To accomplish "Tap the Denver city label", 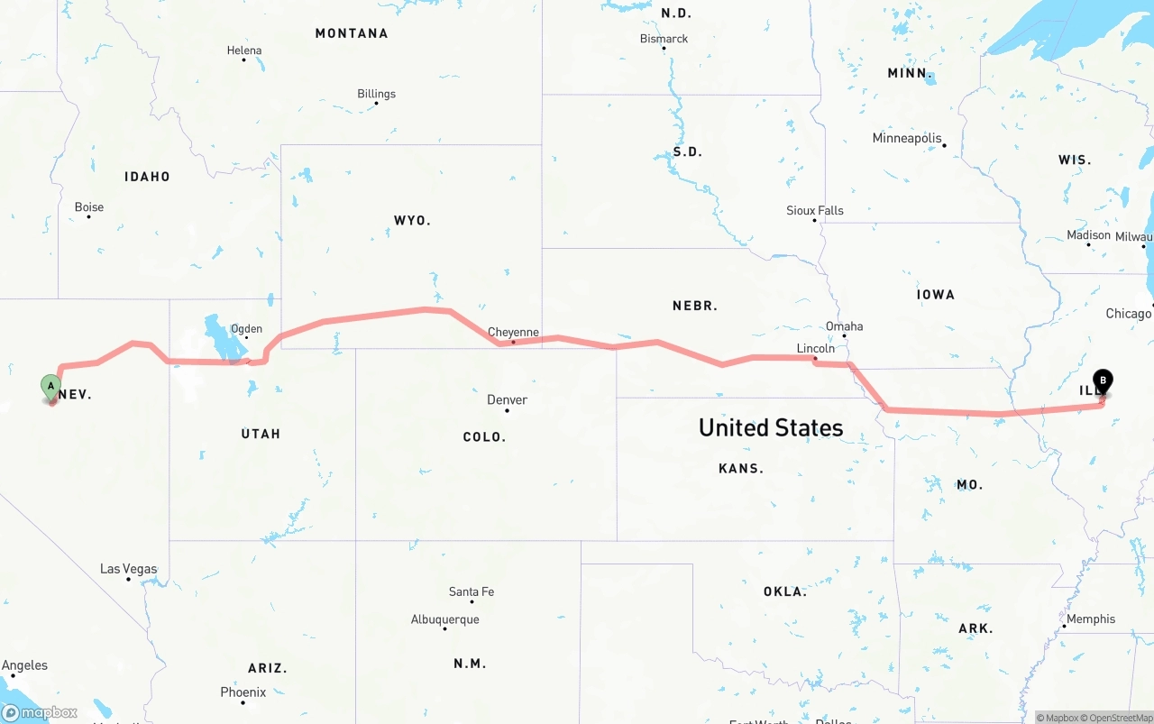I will coord(507,399).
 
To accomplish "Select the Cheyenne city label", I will coord(513,332).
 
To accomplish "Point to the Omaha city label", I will coord(844,326).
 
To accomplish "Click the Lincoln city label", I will coord(815,348).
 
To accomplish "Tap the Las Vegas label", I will coord(128,569).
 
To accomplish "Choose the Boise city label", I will coord(88,207).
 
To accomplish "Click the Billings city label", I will coord(376,94).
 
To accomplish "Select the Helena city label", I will coord(244,51).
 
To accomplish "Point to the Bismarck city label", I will coord(664,39).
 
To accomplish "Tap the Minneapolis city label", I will coord(907,138).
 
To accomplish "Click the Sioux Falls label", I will coord(815,211).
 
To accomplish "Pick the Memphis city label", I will coord(1091,619).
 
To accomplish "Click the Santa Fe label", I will coord(472,591).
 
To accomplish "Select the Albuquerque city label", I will coord(445,619).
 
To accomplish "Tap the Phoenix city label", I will coord(243,692).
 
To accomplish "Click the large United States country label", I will coord(771,427).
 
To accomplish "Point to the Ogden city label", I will coord(246,329).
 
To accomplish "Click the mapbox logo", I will coord(40,712).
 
